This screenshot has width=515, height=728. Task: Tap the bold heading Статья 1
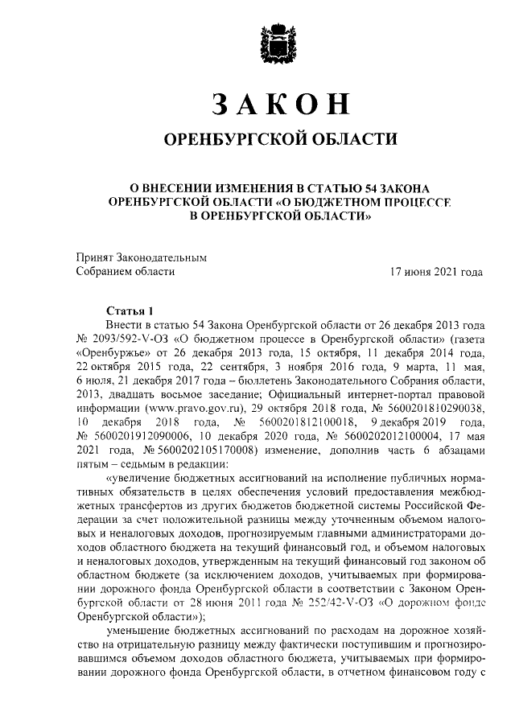(130, 310)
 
